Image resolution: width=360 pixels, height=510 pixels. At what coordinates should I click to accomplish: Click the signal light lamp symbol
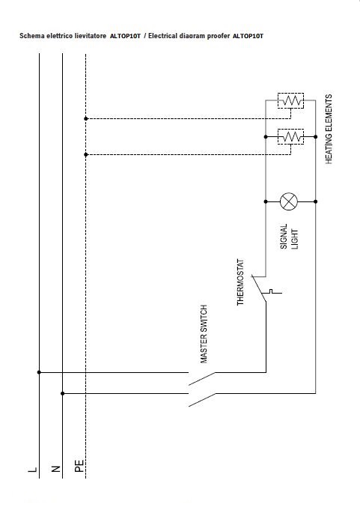(289, 201)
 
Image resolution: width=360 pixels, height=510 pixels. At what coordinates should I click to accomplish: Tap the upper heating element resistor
(291, 100)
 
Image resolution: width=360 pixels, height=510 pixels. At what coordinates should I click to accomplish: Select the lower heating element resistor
(291, 136)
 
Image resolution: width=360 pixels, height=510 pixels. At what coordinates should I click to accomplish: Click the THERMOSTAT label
(240, 282)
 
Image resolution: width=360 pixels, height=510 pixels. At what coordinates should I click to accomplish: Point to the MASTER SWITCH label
(204, 334)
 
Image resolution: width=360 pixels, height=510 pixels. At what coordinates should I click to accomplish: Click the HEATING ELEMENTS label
(329, 129)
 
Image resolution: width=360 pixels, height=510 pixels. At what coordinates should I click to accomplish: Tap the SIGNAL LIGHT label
(289, 237)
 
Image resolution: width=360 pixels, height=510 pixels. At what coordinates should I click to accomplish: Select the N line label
(56, 469)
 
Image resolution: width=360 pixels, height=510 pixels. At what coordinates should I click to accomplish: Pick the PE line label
(79, 466)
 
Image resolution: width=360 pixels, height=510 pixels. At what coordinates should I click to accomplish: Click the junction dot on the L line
(39, 372)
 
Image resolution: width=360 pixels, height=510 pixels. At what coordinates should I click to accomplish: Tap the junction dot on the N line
(62, 393)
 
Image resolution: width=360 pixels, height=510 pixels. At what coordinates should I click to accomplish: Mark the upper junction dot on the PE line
(86, 119)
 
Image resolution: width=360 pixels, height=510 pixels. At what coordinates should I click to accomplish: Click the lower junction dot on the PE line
(86, 154)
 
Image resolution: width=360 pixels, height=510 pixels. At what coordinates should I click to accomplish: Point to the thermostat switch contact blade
(259, 288)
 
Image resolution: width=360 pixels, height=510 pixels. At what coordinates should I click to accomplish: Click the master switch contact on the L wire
(202, 379)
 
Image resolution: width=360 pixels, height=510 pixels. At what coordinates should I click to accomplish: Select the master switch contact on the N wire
(202, 400)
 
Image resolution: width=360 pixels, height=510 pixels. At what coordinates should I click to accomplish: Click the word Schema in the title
(32, 36)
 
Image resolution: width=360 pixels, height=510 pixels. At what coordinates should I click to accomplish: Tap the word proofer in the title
(219, 36)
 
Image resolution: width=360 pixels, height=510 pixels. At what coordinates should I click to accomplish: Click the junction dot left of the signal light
(266, 201)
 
